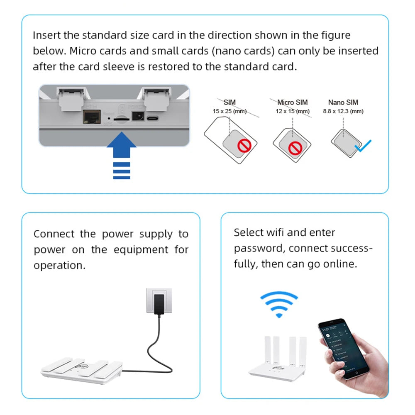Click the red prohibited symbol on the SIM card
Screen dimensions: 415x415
244,146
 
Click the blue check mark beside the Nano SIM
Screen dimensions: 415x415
363,146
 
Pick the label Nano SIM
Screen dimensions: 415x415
343,102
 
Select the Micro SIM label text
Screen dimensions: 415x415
293,102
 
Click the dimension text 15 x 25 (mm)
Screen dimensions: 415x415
229,111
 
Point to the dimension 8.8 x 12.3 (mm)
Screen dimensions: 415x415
343,111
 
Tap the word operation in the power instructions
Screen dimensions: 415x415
59,266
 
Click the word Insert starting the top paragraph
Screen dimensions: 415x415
47,35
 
